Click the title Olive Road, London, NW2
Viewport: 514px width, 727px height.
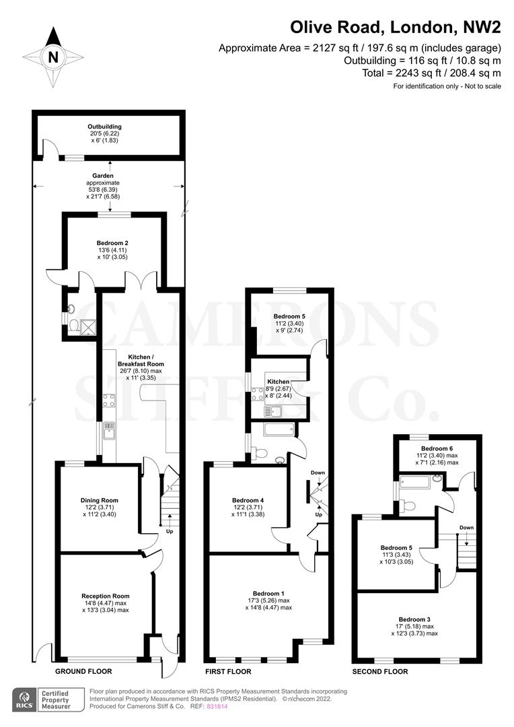pyautogui.click(x=396, y=28)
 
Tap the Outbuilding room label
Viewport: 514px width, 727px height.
pyautogui.click(x=104, y=127)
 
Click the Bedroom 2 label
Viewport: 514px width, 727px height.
pyautogui.click(x=112, y=243)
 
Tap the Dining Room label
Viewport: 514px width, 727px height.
pyautogui.click(x=100, y=500)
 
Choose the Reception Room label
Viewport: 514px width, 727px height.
pyautogui.click(x=105, y=596)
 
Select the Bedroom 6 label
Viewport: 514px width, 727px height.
pyautogui.click(x=437, y=448)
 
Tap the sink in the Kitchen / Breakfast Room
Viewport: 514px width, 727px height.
pyautogui.click(x=109, y=430)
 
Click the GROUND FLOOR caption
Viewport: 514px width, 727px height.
pyautogui.click(x=83, y=672)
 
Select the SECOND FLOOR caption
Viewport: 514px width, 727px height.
pyautogui.click(x=380, y=672)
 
